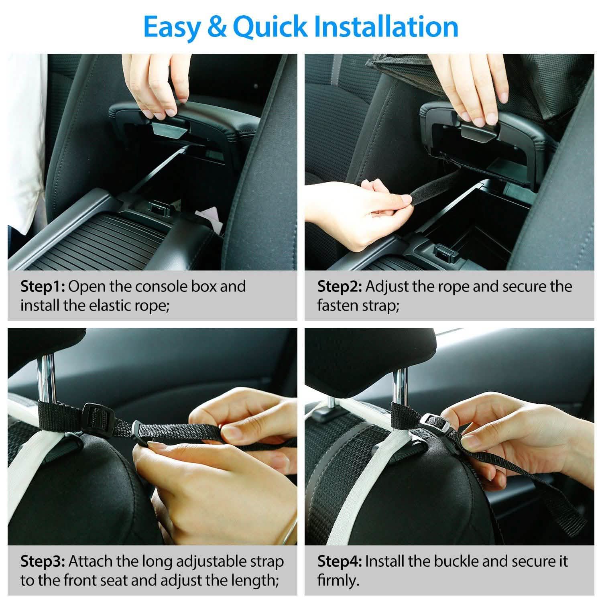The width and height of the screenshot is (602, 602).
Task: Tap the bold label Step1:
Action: point(44,287)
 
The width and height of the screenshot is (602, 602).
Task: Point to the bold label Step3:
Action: point(43,561)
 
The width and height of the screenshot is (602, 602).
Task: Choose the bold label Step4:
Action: point(340,561)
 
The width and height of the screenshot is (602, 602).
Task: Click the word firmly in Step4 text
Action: point(338,580)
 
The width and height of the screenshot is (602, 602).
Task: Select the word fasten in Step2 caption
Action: point(338,306)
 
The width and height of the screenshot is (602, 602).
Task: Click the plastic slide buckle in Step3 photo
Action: point(96,417)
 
